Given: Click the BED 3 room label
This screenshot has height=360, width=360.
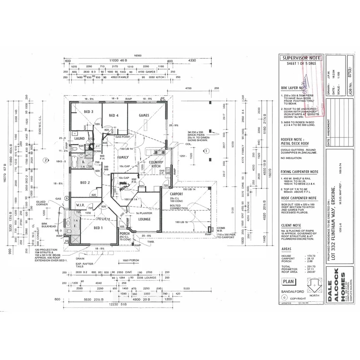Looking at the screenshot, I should click(88, 112).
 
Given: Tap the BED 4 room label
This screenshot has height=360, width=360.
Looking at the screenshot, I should click(114, 115).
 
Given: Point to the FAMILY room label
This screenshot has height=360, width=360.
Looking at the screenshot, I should click(123, 158).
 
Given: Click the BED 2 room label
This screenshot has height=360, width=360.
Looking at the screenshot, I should click(85, 183).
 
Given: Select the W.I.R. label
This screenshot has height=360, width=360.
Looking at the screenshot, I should click(80, 205).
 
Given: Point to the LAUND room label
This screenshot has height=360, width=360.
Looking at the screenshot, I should click(80, 138).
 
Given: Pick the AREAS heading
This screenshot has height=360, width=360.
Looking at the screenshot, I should click(287, 250).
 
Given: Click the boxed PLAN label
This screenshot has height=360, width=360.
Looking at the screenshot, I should click(288, 282).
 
